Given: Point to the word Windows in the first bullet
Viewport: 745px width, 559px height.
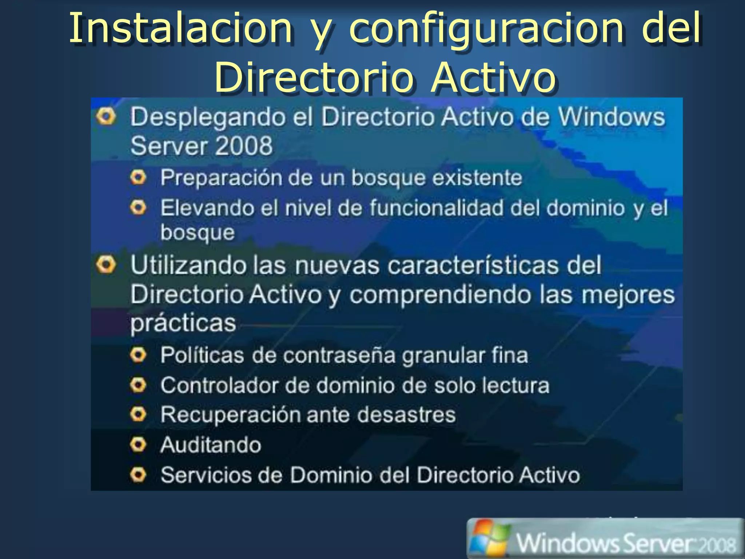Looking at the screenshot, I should [611, 117].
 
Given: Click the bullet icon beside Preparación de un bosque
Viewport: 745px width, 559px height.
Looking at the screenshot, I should [138, 178].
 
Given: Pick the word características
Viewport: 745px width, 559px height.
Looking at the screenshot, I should [473, 265].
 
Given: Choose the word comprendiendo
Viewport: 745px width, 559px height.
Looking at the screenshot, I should [441, 295].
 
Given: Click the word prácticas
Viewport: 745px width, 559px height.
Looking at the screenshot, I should [183, 323].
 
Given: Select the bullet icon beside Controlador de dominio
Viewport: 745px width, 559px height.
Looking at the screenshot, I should [138, 385].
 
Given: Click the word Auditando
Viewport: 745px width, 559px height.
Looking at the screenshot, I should [211, 445].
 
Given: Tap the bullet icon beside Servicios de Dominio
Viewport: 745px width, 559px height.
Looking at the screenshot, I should [138, 475].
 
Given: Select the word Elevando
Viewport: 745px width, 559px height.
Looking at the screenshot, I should [207, 208].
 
